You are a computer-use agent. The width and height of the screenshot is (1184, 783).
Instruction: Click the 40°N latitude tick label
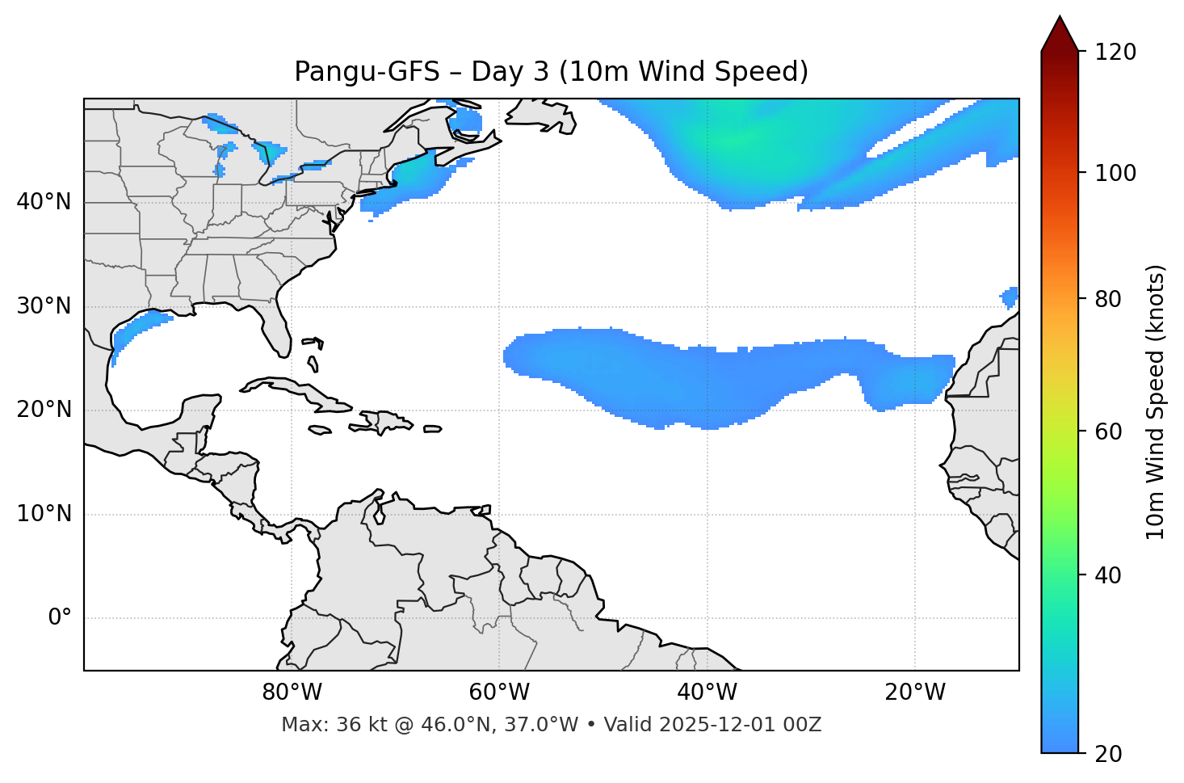(44, 202)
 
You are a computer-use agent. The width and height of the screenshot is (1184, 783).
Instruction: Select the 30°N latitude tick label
(44, 306)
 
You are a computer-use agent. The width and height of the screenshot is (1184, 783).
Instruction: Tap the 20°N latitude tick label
(44, 410)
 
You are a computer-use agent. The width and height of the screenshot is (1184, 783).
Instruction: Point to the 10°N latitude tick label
(44, 514)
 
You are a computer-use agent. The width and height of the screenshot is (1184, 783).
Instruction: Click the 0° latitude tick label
(60, 618)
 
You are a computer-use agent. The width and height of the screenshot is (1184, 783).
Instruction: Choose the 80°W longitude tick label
(292, 692)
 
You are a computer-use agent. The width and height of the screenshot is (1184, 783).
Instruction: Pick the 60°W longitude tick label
(499, 692)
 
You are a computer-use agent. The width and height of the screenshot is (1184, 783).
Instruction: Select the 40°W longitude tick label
(707, 692)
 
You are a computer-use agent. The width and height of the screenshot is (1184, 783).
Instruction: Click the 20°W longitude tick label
(915, 692)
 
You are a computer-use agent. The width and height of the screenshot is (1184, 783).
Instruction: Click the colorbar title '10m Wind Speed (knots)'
(1156, 402)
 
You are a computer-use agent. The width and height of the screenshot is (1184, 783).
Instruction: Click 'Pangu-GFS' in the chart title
(367, 72)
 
